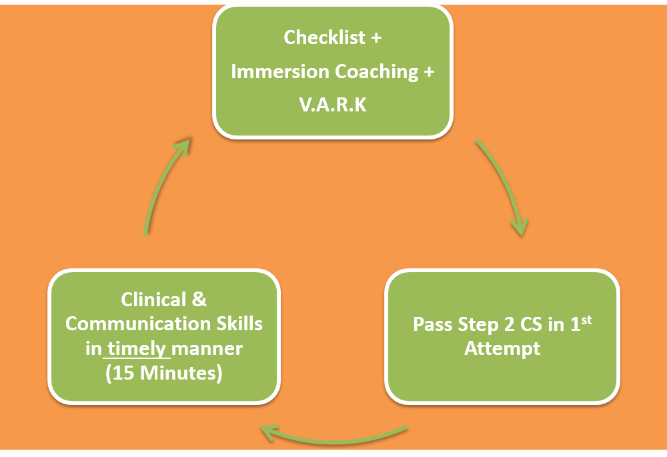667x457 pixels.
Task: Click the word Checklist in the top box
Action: pos(324,37)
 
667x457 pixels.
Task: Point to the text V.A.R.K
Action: pos(333,105)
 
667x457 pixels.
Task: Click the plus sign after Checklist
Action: pos(376,38)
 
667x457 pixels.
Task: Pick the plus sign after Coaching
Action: pos(429,72)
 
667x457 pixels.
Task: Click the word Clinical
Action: pos(153,299)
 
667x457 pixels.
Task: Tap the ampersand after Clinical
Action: pos(199,299)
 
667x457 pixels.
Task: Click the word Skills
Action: pos(239,324)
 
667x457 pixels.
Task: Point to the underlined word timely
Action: pos(137,349)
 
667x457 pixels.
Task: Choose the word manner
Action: pos(207,350)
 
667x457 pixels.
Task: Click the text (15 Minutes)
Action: pos(164,373)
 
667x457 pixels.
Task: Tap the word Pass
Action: pos(433,324)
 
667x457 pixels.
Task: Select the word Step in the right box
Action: pos(478,325)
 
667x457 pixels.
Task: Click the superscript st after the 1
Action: pos(586,320)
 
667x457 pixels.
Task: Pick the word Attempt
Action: pos(502,348)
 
